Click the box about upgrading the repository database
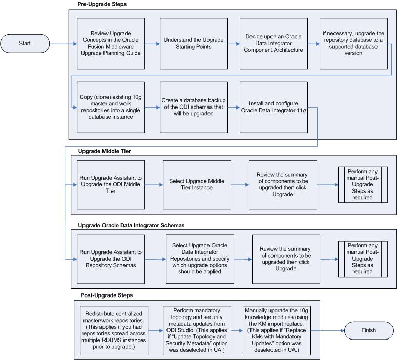click(x=354, y=44)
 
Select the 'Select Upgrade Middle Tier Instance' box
click(x=197, y=185)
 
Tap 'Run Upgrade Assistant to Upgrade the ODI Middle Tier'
click(x=111, y=185)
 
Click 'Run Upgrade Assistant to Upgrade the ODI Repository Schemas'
click(x=111, y=259)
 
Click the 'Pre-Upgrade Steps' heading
click(x=102, y=5)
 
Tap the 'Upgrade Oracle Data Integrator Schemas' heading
click(x=131, y=225)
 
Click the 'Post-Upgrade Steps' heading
click(x=107, y=295)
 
